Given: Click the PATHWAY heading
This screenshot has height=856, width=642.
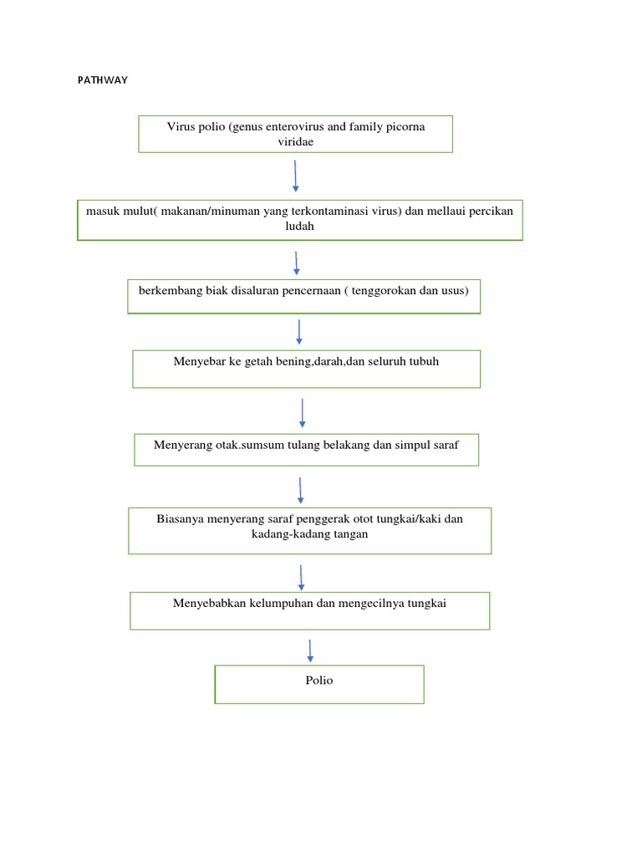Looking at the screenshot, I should coord(101,81).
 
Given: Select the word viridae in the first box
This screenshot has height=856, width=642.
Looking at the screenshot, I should coord(295,142).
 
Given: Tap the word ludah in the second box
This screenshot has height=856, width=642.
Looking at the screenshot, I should coord(300,226).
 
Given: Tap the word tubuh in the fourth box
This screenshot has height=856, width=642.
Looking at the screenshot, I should coord(420,361).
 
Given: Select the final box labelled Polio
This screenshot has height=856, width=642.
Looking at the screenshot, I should coord(319,683).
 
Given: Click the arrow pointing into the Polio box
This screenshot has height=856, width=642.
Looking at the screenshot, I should coord(311,651).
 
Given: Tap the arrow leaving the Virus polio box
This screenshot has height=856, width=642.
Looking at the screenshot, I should coord(295,176).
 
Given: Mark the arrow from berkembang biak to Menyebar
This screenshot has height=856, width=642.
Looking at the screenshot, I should coord(299,331).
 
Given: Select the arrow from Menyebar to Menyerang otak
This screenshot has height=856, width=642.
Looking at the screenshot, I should coord(302,412).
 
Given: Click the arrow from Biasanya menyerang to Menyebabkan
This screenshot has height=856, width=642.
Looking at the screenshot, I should coord(301,577).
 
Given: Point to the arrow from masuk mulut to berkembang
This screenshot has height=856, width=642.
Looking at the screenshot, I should coord(297,262).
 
